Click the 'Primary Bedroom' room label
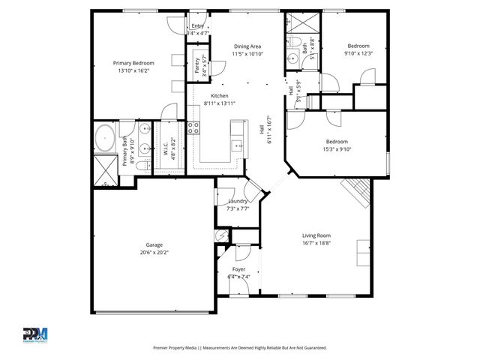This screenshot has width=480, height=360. tap(133, 63)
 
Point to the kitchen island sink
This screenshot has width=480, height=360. tap(237, 144)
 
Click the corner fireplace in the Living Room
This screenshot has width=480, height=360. tap(358, 193)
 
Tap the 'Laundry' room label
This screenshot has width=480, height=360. tap(238, 201)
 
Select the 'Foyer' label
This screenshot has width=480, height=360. tap(238, 268)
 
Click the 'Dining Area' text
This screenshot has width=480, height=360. tap(247, 46)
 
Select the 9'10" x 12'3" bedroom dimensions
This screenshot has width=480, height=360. tap(358, 53)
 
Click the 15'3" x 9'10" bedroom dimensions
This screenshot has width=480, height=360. tap(336, 148)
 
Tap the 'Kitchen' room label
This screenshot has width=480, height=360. tap(219, 96)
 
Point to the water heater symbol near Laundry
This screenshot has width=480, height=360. tap(222, 235)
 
